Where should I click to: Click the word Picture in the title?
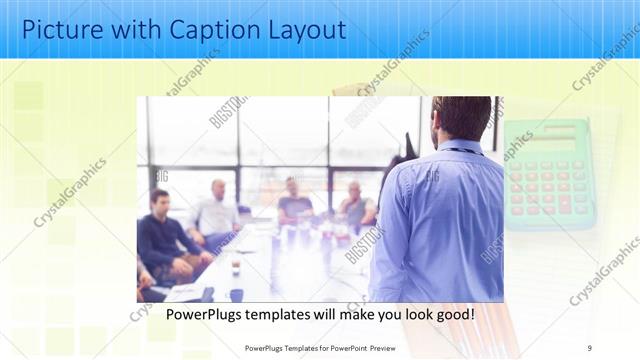tap(60, 29)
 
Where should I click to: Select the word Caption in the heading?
tap(198, 29)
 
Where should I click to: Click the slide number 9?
tap(589, 347)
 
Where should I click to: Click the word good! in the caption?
tap(452, 314)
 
